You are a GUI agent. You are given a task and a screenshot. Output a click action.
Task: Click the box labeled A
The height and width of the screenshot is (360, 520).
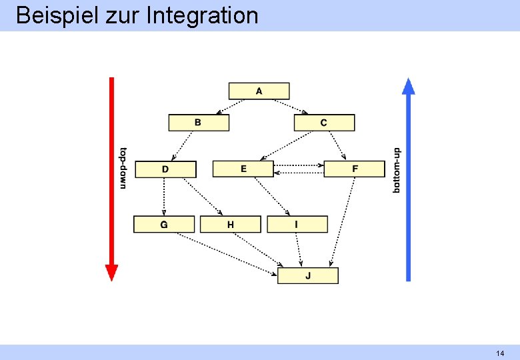point(259,91)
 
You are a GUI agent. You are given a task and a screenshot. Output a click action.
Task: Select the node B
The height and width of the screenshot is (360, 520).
point(198,123)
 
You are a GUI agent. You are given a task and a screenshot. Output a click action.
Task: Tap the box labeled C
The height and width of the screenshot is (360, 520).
point(324,123)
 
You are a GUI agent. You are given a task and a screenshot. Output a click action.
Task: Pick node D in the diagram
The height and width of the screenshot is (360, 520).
point(165,169)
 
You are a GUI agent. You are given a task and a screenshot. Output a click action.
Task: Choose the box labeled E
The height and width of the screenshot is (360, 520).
point(243,169)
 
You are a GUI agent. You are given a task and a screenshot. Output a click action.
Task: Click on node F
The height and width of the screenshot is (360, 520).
point(354,169)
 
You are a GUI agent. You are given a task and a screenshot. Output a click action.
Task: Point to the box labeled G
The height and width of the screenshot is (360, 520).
point(164,225)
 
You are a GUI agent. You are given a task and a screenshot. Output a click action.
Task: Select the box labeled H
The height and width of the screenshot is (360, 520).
point(230,225)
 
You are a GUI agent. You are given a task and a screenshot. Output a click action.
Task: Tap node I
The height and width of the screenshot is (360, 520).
point(297,225)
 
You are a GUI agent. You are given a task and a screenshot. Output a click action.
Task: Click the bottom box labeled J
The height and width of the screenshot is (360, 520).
point(307,275)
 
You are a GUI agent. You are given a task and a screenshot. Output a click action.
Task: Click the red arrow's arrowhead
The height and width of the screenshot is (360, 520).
point(111,272)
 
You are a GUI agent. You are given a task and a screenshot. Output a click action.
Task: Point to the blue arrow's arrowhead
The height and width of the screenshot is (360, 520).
point(409,86)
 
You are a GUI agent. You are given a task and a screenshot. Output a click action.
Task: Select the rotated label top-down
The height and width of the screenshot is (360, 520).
point(123,168)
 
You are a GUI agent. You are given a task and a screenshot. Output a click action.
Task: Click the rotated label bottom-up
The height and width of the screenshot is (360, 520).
point(397,171)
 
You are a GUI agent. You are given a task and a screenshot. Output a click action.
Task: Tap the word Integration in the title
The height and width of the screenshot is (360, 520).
point(201,15)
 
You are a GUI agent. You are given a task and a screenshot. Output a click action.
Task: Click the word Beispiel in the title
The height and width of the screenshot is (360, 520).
point(57,15)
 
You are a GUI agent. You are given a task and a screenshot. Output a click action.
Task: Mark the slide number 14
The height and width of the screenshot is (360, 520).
point(499,353)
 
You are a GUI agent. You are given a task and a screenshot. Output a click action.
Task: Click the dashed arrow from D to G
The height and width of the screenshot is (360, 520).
point(164,197)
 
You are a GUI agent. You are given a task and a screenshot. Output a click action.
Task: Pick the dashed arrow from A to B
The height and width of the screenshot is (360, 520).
point(231,107)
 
